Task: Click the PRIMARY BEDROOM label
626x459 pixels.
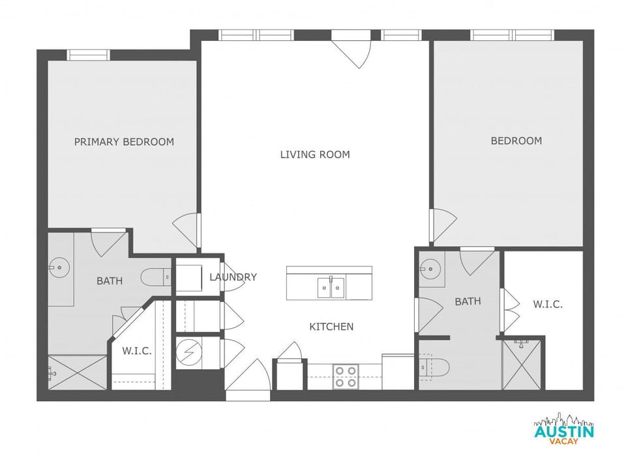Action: click(x=124, y=142)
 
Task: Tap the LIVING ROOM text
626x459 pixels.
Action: click(x=315, y=155)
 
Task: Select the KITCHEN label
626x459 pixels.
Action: click(x=331, y=327)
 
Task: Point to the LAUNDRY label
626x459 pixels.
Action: click(x=233, y=277)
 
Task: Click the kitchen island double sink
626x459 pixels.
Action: click(x=331, y=287)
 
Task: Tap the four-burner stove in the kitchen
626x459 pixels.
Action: click(x=346, y=376)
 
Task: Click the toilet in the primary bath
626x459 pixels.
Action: click(x=155, y=277)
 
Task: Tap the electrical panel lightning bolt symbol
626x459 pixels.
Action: click(x=188, y=352)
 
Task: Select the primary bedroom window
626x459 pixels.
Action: click(x=89, y=55)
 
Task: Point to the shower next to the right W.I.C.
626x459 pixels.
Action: click(x=522, y=365)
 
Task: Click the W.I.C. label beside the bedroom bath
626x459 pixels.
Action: click(x=547, y=304)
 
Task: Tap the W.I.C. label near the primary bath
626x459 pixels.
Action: click(x=137, y=351)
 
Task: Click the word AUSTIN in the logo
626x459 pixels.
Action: click(x=563, y=431)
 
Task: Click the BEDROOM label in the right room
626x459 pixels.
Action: click(x=516, y=141)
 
